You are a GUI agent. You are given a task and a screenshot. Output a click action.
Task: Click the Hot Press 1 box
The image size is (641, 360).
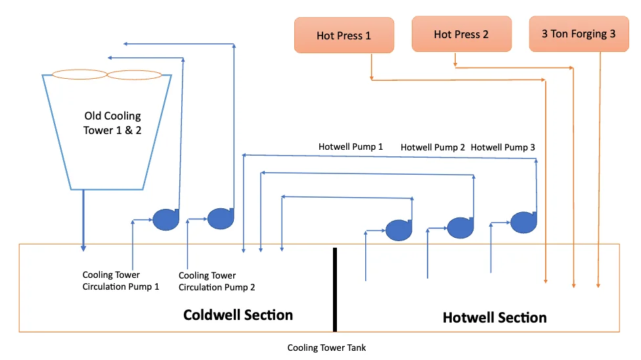[343, 35]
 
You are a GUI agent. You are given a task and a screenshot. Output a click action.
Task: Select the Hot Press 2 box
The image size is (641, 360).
[461, 34]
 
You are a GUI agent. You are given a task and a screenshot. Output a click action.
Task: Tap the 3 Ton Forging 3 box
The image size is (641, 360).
[578, 34]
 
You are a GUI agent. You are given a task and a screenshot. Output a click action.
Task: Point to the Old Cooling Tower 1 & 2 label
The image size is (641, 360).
[112, 123]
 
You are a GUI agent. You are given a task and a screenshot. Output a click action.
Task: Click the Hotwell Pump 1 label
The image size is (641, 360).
[351, 146]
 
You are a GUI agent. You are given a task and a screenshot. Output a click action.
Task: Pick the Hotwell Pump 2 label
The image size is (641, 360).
[432, 147]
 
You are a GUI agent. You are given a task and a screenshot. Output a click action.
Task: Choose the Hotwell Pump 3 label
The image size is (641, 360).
[502, 147]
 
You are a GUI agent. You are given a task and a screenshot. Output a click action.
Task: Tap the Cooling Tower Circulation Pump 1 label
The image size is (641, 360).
[121, 281]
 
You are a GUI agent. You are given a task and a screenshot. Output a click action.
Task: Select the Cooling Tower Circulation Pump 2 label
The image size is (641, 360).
[217, 281]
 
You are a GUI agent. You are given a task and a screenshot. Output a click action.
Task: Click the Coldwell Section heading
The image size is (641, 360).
[238, 315]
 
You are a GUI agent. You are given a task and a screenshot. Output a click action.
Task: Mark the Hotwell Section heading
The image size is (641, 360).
[495, 317]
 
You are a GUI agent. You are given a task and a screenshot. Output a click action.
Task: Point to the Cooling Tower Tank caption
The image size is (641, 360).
[326, 348]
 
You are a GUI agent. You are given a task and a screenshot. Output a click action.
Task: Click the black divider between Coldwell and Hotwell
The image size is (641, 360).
[335, 289]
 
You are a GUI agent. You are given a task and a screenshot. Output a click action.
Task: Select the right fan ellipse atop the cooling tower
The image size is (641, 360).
[134, 75]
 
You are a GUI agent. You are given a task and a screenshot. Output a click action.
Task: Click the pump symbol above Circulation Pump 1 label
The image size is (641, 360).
[166, 219]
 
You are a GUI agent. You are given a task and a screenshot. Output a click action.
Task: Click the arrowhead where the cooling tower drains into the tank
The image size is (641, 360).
[83, 248]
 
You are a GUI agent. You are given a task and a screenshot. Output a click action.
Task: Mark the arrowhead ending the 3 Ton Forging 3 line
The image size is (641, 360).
[598, 285]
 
